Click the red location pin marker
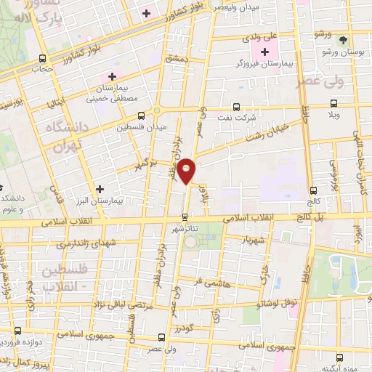pos(187,170)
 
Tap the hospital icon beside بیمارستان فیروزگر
pos(264,52)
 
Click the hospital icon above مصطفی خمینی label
pos(112,76)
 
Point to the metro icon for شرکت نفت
pos(236,106)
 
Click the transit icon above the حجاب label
pos(43,58)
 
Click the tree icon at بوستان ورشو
pos(343,41)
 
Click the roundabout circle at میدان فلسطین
pos(157,111)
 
